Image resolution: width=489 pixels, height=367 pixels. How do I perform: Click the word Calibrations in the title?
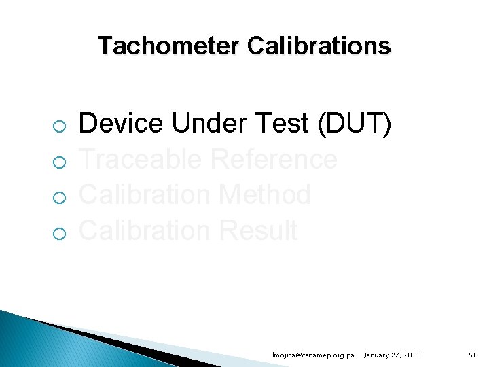319,46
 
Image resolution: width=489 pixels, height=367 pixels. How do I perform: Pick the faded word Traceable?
141,160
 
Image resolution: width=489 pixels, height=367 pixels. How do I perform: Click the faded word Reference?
274,160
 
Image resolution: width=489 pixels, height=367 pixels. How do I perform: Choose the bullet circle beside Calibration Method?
60,198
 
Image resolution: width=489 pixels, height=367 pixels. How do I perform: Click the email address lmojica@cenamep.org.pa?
313,355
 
